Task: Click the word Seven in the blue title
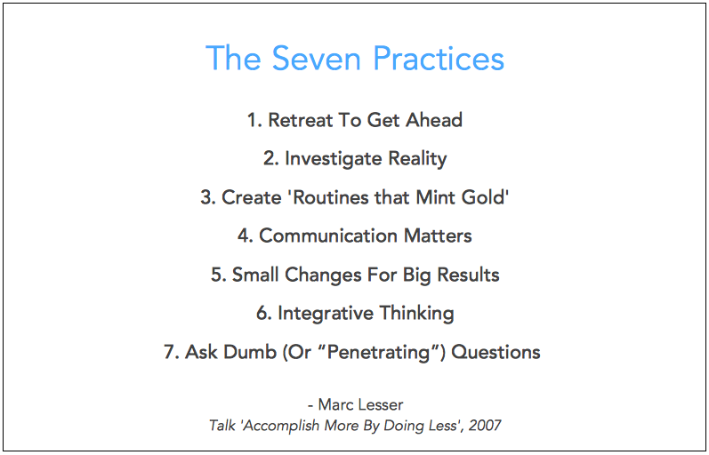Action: (x=317, y=59)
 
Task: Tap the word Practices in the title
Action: (x=439, y=59)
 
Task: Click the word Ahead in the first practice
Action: (x=434, y=120)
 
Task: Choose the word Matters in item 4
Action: (x=438, y=235)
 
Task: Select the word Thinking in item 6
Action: (x=416, y=314)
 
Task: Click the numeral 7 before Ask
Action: (x=169, y=352)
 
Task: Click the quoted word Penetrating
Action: (x=378, y=353)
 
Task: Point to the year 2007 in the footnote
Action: (x=485, y=425)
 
